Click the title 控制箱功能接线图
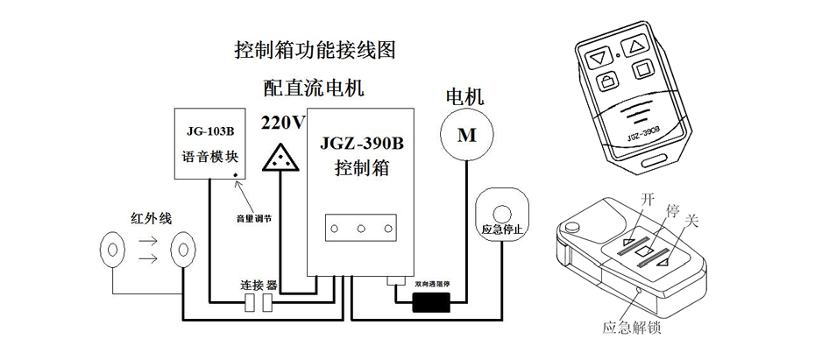[315, 50]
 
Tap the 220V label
[283, 123]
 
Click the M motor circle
[466, 135]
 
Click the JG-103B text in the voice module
[209, 133]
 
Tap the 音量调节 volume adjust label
[254, 218]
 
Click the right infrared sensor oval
[183, 250]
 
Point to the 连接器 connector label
[259, 286]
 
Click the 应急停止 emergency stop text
[502, 229]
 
